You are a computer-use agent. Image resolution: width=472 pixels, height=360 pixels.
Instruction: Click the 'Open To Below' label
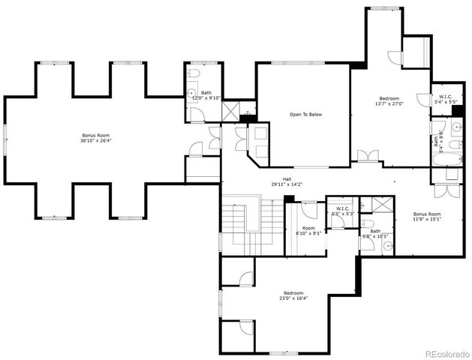pos(306,115)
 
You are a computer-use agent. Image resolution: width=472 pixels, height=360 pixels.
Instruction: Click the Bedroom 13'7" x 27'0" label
pos(389,101)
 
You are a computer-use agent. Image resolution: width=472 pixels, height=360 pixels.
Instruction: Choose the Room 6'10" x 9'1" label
pos(308,230)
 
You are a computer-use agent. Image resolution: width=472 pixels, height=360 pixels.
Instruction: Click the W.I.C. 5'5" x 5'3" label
pos(343,211)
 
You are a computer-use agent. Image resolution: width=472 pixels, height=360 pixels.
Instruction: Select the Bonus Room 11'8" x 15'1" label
pos(426,217)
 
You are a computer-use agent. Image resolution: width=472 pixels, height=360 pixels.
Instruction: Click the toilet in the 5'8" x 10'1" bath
pos(366,223)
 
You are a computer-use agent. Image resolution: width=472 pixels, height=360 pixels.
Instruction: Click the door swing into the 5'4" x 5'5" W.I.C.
pos(437,111)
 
